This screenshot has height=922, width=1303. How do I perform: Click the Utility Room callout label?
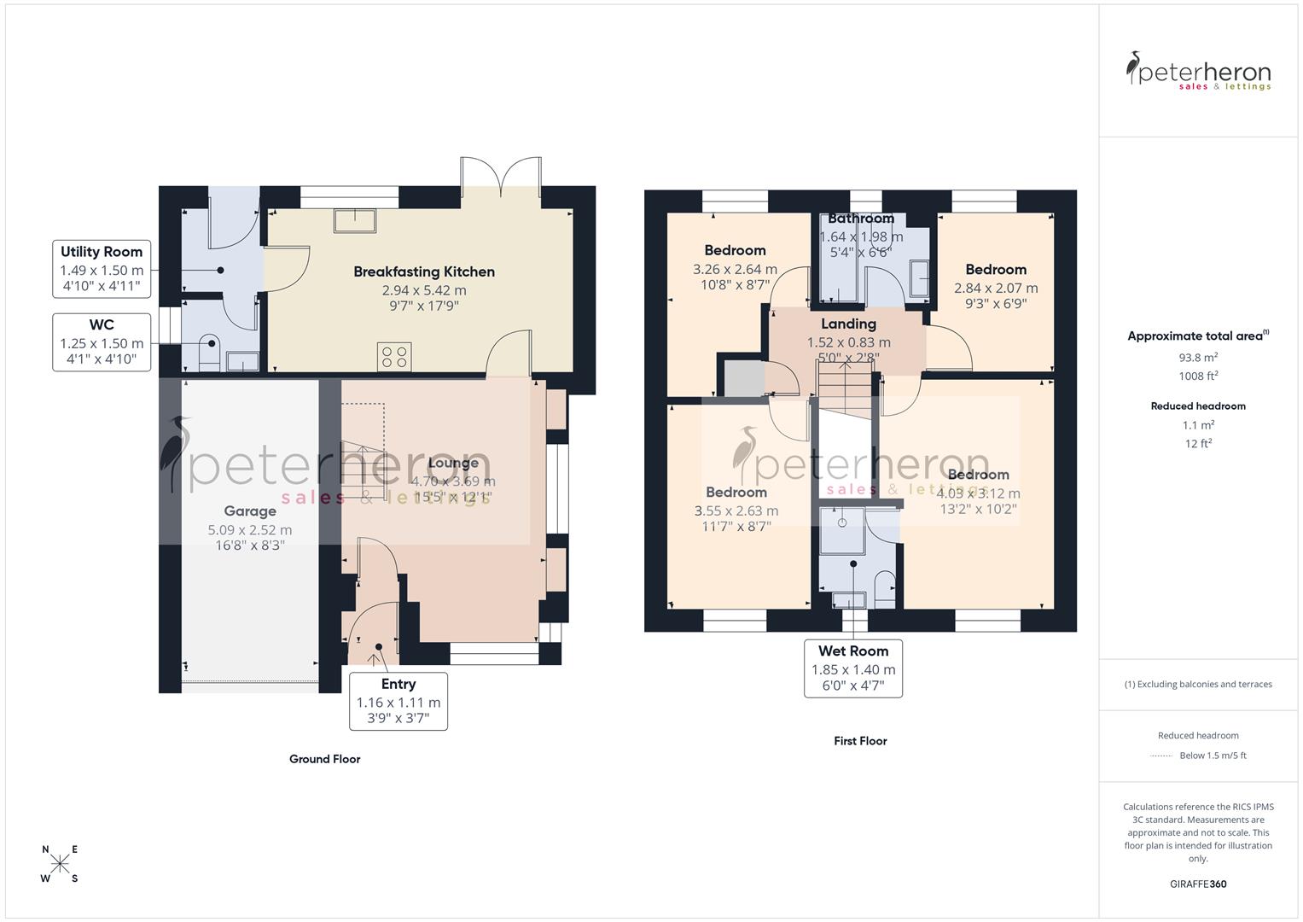click(102, 269)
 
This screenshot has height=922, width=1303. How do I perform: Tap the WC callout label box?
click(102, 342)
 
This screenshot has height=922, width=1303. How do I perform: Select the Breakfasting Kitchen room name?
click(424, 272)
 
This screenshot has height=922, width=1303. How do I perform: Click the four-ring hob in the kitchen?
click(394, 357)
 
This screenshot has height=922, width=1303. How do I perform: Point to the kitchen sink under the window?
click(355, 219)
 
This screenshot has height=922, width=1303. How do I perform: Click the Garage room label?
click(249, 511)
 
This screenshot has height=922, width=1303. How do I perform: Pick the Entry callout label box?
click(398, 701)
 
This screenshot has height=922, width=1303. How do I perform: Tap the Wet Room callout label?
click(853, 668)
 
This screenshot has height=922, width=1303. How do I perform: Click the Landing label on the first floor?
click(848, 324)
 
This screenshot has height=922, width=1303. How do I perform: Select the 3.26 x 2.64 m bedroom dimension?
click(735, 270)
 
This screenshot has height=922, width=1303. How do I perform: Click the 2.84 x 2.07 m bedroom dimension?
click(996, 289)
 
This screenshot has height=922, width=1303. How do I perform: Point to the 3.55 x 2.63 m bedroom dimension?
click(736, 511)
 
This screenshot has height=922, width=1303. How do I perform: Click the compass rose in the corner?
click(60, 864)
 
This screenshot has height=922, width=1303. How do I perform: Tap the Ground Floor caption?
click(324, 759)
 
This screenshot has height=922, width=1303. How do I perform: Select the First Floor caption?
click(860, 741)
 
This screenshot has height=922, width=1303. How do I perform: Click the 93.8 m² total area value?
click(1198, 358)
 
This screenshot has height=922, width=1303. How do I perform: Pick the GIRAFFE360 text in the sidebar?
click(1198, 884)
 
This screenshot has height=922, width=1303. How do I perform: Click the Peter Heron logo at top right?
click(1198, 71)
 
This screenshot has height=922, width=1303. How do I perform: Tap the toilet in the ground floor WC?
click(209, 351)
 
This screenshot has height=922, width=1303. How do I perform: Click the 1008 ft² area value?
click(1198, 376)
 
